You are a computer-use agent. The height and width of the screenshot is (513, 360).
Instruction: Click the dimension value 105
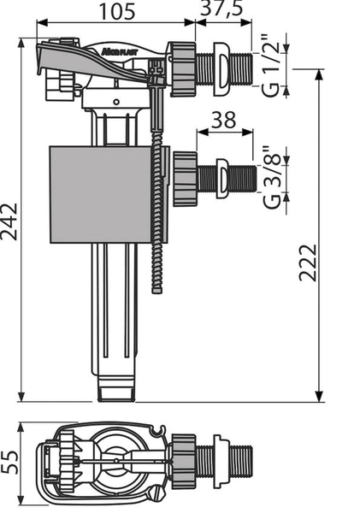117,12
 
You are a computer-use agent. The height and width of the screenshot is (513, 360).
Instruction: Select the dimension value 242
9,222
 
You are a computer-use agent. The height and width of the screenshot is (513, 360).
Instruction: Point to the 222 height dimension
308,262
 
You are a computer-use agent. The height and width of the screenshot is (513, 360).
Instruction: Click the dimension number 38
224,120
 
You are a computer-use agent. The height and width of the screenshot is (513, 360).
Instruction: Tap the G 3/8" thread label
272,177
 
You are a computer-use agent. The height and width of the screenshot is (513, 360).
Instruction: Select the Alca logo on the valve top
119,51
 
